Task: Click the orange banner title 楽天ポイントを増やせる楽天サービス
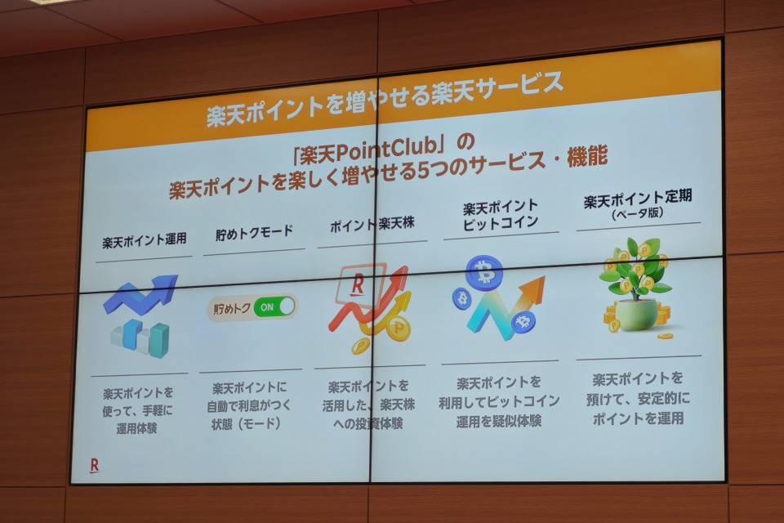pyautogui.click(x=385, y=99)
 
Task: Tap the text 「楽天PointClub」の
pyautogui.click(x=384, y=150)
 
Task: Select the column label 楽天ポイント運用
pyautogui.click(x=145, y=240)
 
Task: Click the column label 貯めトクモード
pyautogui.click(x=254, y=233)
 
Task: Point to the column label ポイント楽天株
pyautogui.click(x=372, y=224)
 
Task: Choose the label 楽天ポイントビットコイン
pyautogui.click(x=501, y=215)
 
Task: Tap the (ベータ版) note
pyautogui.click(x=638, y=213)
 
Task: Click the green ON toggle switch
pyautogui.click(x=274, y=306)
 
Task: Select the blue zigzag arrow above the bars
pyautogui.click(x=141, y=294)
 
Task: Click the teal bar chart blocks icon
pyautogui.click(x=140, y=337)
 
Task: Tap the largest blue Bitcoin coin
pyautogui.click(x=484, y=273)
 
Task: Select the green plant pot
pyautogui.click(x=636, y=315)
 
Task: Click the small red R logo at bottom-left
pyautogui.click(x=94, y=465)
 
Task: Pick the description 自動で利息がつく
pyautogui.click(x=248, y=406)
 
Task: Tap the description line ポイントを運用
pyautogui.click(x=638, y=418)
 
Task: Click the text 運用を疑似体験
pyautogui.click(x=498, y=422)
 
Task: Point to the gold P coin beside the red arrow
pyautogui.click(x=398, y=329)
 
